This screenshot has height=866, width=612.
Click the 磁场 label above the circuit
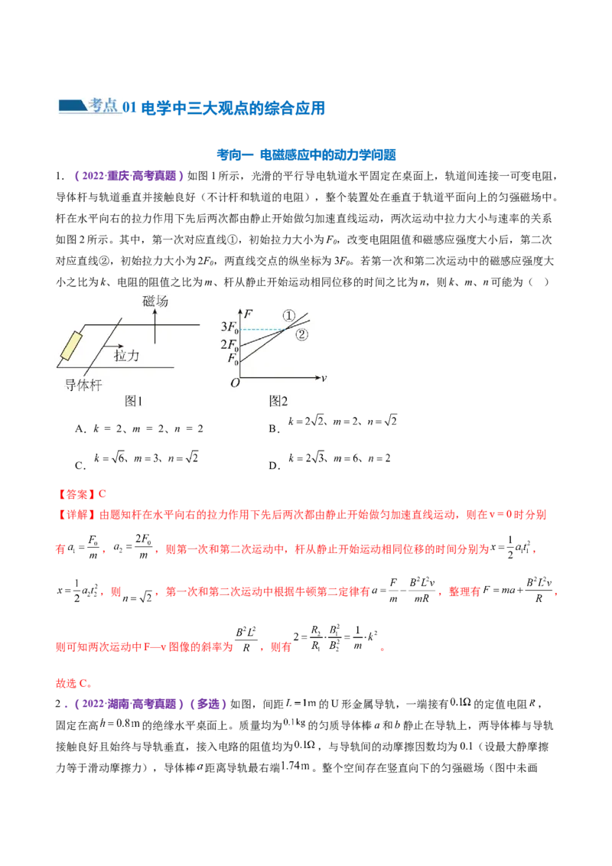155,302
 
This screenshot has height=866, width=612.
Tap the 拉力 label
127,356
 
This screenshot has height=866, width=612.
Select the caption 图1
134,401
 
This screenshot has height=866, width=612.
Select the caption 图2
278,401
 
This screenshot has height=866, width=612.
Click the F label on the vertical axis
247,313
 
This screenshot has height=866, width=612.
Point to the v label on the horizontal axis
324,378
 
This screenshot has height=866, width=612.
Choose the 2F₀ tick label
229,344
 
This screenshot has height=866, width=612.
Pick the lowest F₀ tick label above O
232,358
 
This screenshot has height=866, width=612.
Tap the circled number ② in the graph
301,334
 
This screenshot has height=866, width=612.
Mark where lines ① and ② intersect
285,329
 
